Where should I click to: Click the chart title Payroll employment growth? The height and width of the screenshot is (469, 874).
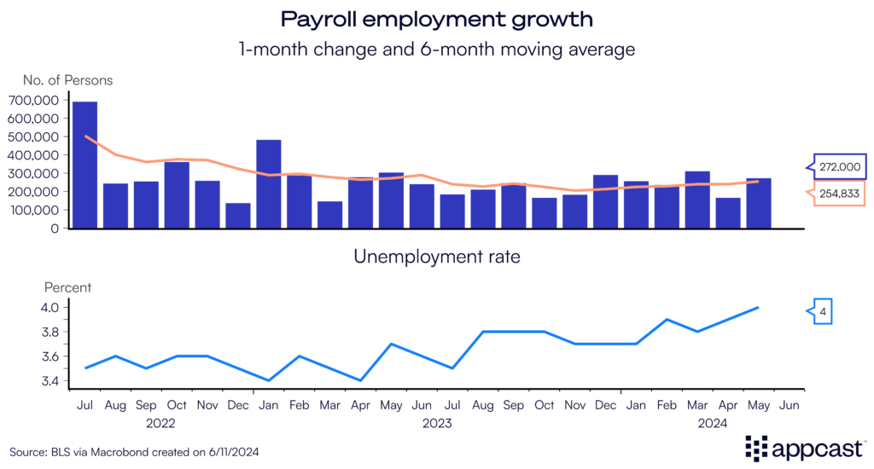point(436,18)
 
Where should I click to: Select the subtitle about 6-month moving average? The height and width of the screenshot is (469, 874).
point(436,49)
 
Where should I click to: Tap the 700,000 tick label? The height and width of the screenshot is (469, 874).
point(34,100)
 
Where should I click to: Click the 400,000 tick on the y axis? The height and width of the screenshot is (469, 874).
point(34,155)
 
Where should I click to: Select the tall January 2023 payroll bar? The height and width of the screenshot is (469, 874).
point(269,184)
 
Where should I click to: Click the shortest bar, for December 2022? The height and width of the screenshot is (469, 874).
point(238,216)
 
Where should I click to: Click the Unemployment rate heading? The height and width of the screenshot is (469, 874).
point(436,256)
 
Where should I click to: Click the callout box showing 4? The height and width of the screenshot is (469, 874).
point(821,313)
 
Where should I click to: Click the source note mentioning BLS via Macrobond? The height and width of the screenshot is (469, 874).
point(122,451)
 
